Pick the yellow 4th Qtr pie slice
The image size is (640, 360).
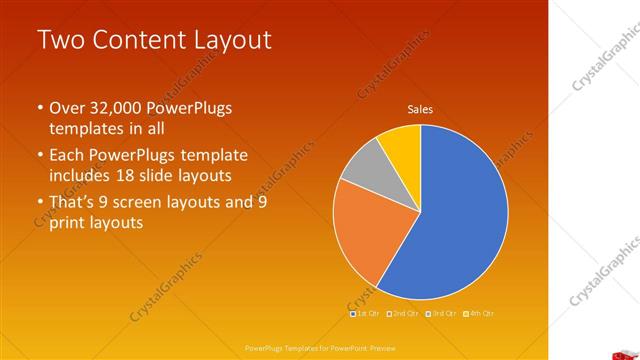(401, 142)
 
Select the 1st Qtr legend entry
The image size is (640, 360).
(366, 313)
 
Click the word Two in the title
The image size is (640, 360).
(57, 41)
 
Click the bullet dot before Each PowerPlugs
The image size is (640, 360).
(39, 156)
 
